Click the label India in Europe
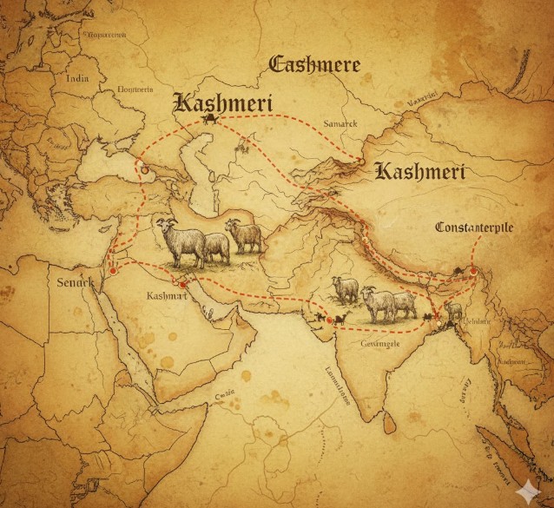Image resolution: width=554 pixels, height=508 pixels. [x=78, y=77]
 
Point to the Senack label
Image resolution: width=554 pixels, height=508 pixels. [x=75, y=284]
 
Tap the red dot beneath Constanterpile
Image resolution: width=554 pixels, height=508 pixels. [x=473, y=271]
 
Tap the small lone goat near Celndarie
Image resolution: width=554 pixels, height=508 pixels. [x=452, y=311]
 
